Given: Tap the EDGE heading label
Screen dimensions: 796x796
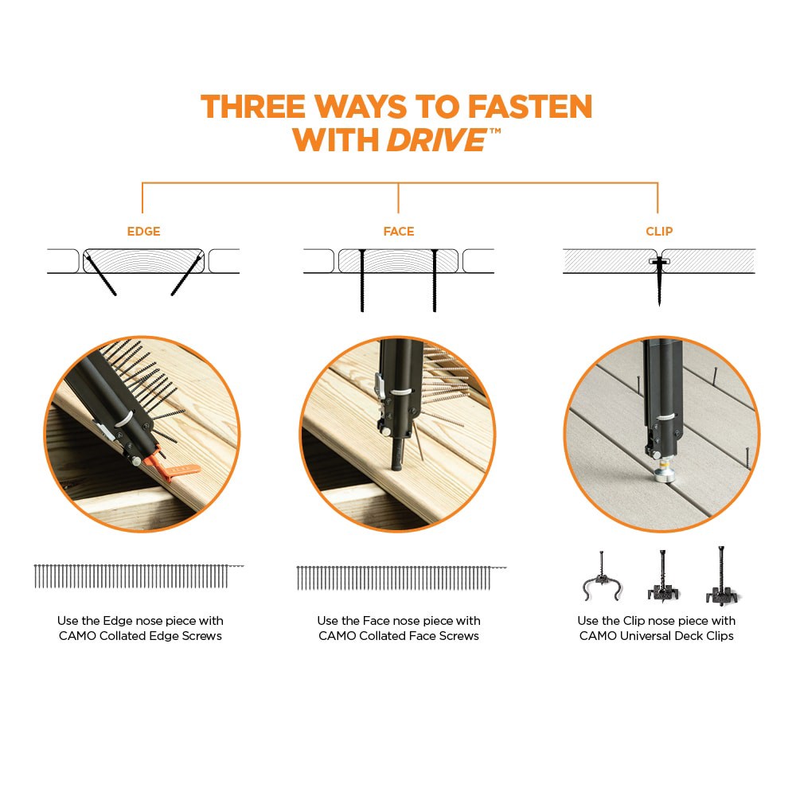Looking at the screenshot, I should pyautogui.click(x=143, y=232).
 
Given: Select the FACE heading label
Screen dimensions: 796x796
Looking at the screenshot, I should pyautogui.click(x=398, y=232).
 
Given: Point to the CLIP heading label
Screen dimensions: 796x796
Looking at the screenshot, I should pyautogui.click(x=659, y=232).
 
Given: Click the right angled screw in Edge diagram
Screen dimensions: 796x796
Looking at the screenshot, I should pyautogui.click(x=185, y=275).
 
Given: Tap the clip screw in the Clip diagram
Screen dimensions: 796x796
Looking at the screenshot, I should pyautogui.click(x=659, y=283).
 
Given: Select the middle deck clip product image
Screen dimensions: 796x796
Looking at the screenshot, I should pyautogui.click(x=662, y=577).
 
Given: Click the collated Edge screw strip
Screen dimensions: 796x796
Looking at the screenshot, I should pyautogui.click(x=131, y=576).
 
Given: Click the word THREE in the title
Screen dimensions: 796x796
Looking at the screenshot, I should pyautogui.click(x=253, y=107).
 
